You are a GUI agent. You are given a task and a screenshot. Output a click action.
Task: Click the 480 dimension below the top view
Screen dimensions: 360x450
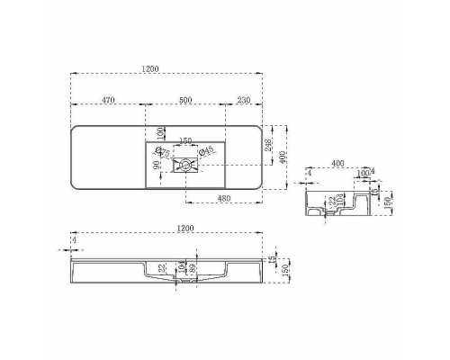pyautogui.click(x=226, y=199)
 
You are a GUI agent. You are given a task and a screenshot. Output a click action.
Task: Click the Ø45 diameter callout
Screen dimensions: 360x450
pyautogui.click(x=205, y=150)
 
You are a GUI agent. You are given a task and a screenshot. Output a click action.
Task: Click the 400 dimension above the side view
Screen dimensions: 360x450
pyautogui.click(x=337, y=164)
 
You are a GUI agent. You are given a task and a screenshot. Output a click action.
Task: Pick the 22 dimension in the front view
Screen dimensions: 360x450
pyautogui.click(x=163, y=268)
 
